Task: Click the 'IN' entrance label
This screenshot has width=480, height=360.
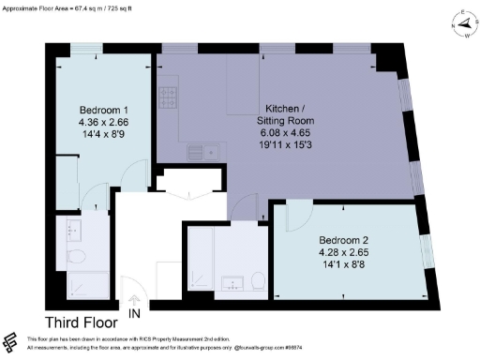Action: (135, 312)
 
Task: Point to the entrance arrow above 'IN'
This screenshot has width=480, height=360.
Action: (135, 299)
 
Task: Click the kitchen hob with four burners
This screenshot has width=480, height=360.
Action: (170, 98)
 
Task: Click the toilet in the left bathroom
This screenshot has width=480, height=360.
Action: (77, 256)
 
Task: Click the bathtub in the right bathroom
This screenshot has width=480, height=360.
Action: (201, 259)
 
